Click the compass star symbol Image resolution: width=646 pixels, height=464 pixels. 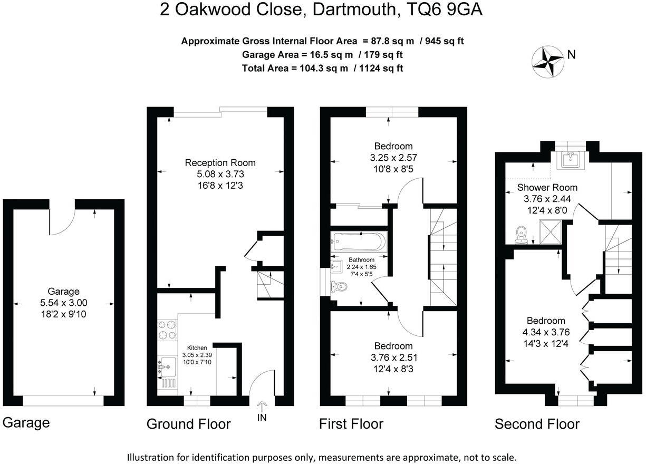pyautogui.click(x=547, y=61)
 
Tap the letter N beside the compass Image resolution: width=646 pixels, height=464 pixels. pyautogui.click(x=571, y=54)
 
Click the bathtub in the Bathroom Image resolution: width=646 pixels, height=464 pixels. pyautogui.click(x=359, y=242)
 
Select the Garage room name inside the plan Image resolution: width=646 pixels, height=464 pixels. pyautogui.click(x=63, y=291)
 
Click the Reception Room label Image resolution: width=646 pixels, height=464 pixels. pyautogui.click(x=220, y=162)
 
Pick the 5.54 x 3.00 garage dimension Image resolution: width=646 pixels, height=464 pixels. pyautogui.click(x=63, y=303)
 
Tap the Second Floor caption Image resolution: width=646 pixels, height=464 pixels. pyautogui.click(x=537, y=424)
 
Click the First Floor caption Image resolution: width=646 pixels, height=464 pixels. pyautogui.click(x=351, y=423)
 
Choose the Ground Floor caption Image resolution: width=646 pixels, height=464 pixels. pyautogui.click(x=188, y=423)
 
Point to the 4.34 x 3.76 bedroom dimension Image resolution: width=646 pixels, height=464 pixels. pyautogui.click(x=546, y=332)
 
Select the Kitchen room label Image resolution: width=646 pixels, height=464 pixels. pyautogui.click(x=197, y=348)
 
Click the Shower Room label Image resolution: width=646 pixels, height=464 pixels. pyautogui.click(x=547, y=187)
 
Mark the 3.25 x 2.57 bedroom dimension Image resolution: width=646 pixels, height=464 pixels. pyautogui.click(x=393, y=157)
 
